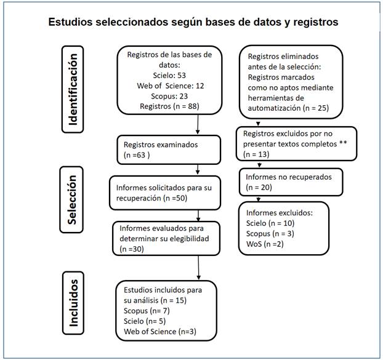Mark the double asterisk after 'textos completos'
tap(339, 144)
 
